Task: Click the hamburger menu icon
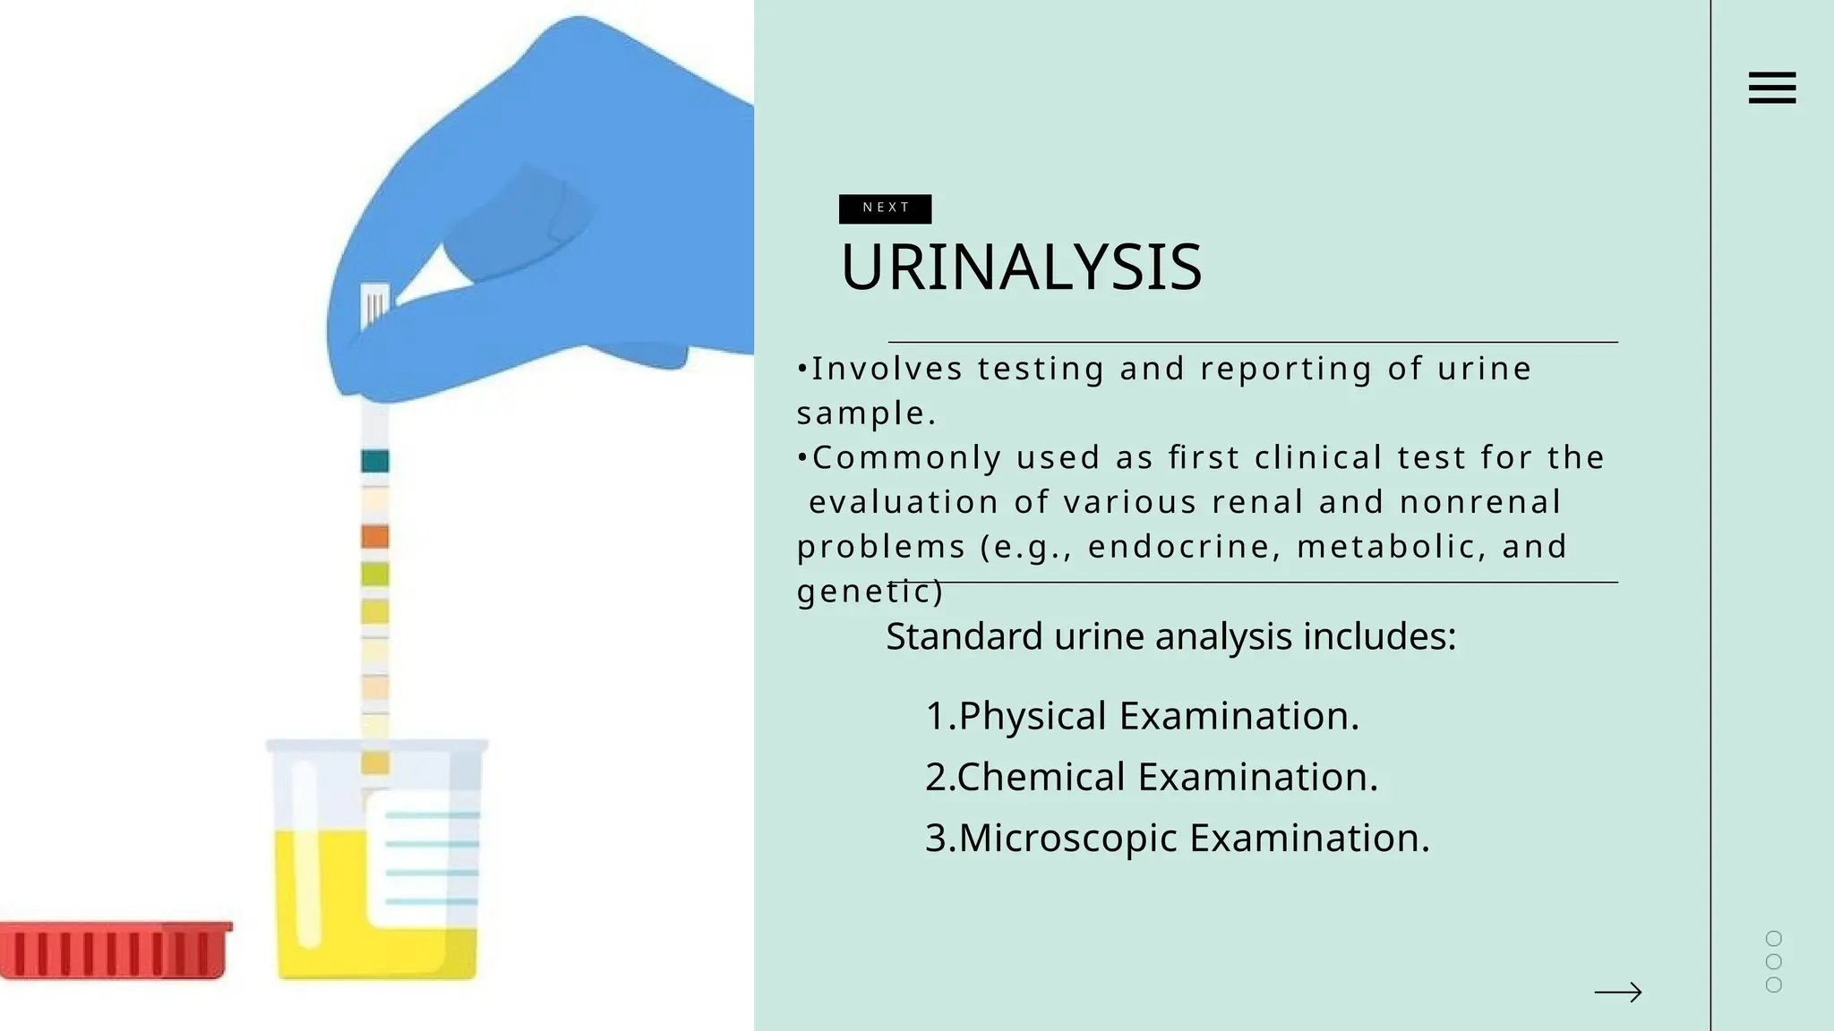[x=1771, y=88]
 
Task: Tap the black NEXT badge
[x=885, y=209]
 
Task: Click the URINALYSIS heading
[x=1021, y=267]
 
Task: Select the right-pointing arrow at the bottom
[x=1617, y=992]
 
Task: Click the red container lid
[x=114, y=950]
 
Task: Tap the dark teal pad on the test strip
[x=375, y=461]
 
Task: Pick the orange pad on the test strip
[x=375, y=536]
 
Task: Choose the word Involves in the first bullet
[x=887, y=369]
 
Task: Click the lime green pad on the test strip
[x=375, y=574]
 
